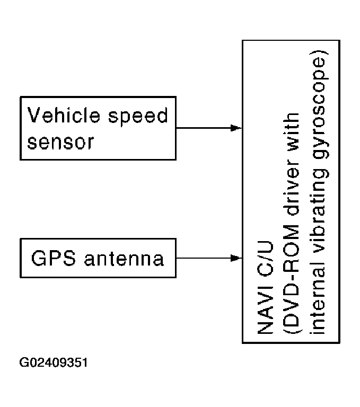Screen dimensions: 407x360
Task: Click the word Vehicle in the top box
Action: coord(63,114)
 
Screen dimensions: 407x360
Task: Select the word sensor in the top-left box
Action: coord(60,141)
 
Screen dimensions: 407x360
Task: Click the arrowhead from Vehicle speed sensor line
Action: coord(236,128)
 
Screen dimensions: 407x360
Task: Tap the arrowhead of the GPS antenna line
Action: coord(236,258)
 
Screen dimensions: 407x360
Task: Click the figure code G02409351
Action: coord(54,364)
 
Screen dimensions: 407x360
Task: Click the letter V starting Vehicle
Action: coord(34,114)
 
